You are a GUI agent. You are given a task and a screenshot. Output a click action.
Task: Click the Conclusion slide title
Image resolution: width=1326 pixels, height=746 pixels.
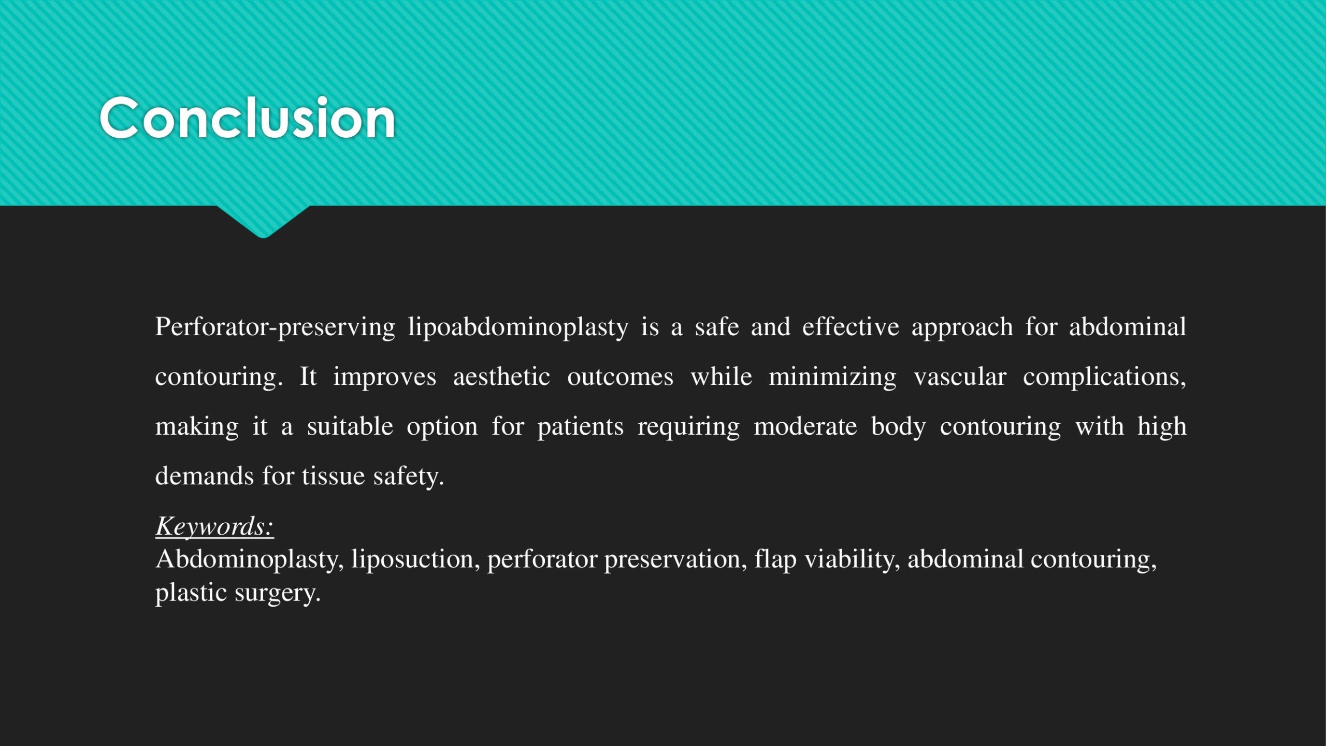pos(248,118)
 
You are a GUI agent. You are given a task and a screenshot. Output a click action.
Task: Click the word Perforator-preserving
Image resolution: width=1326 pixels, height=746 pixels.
pos(275,327)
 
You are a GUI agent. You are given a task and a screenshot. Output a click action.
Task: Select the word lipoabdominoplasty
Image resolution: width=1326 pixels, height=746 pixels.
pos(518,327)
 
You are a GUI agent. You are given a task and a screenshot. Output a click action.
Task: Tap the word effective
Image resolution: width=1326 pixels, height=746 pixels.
pos(851,326)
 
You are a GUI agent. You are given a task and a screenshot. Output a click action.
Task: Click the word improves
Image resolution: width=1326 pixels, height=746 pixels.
pos(384,377)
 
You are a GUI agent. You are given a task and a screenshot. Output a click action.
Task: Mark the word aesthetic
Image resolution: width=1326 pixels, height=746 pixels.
pos(501,376)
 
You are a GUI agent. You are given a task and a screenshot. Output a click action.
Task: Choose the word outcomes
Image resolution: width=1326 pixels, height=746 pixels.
pos(620,377)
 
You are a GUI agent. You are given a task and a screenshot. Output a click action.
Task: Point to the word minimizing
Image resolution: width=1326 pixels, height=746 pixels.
pos(832,377)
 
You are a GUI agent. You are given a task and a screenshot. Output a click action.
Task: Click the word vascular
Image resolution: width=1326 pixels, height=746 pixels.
pos(960,376)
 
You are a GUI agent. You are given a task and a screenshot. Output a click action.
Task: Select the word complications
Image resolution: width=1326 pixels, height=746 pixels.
pos(1104,377)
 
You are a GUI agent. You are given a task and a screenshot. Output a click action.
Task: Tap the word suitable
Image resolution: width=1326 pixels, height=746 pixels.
pos(350,426)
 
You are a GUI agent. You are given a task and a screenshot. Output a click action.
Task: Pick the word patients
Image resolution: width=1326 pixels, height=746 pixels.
pos(580,427)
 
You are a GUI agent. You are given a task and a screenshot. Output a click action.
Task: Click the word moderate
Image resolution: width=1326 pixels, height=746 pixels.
pos(805,426)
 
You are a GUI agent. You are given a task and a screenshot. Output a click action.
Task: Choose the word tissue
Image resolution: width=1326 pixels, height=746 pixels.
pos(333,476)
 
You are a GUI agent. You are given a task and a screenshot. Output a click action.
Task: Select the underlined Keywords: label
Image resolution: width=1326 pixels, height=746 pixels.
pos(214,526)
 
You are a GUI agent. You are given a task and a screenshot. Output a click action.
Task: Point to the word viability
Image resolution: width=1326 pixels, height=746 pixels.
pos(853,559)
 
